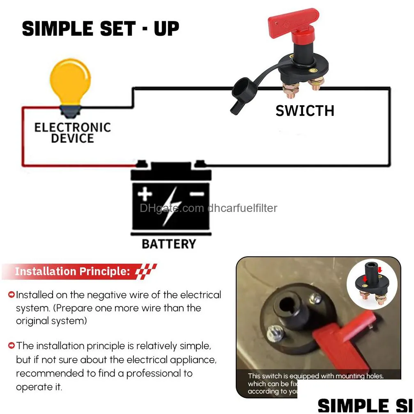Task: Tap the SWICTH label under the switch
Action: (305, 111)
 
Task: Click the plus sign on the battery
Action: (145, 195)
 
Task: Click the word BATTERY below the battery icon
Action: (169, 244)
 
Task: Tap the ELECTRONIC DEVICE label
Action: (73, 132)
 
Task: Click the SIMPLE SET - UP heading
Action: (101, 29)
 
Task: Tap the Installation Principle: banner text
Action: (72, 271)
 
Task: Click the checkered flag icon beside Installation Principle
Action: (146, 271)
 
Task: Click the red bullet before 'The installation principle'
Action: (11, 346)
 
